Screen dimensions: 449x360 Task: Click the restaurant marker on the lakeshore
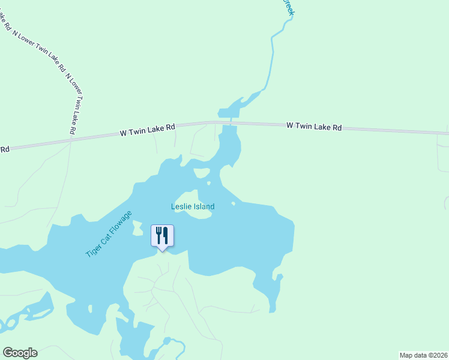point(161,236)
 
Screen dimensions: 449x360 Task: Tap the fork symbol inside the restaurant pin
point(158,235)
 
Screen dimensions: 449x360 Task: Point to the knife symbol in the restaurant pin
point(164,235)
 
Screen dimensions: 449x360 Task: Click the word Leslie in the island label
point(181,206)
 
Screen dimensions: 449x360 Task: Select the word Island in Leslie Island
point(203,206)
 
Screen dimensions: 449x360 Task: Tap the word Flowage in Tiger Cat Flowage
point(120,226)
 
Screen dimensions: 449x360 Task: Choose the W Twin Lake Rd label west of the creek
point(147,128)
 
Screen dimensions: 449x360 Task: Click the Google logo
point(20,353)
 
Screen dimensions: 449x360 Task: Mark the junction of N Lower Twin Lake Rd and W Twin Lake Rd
point(71,140)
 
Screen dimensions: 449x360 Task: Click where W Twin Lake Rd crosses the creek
point(229,122)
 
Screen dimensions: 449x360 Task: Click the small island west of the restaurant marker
point(137,228)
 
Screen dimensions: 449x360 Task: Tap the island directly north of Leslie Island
point(202,173)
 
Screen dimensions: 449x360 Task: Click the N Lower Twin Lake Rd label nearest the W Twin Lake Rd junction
point(72,104)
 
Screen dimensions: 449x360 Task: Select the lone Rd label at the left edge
point(4,148)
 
